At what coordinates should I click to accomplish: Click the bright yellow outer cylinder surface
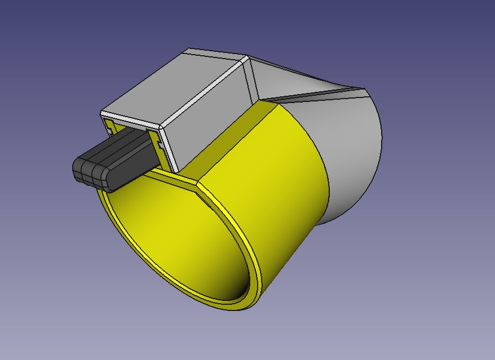click(x=265, y=186)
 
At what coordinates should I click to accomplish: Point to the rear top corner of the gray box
click(x=246, y=57)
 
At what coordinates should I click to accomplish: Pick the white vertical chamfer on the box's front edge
click(x=169, y=149)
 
